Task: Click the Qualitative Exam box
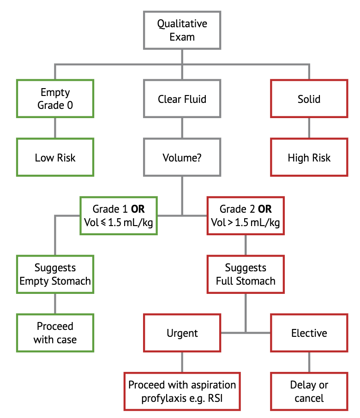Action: (182, 30)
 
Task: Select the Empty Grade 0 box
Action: (55, 99)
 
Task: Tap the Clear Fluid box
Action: (182, 99)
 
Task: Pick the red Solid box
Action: (309, 99)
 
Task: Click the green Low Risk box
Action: (55, 158)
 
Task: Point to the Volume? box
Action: (182, 158)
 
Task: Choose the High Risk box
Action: (309, 158)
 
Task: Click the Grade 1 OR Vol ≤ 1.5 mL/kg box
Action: (119, 215)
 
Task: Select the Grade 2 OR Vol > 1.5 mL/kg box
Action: (245, 215)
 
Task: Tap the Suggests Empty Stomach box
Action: (55, 274)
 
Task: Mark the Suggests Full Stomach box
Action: (245, 274)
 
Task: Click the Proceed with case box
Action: (55, 333)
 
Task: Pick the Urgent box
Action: (182, 333)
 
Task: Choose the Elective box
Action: (309, 333)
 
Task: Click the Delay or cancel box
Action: (309, 391)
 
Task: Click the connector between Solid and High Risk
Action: (309, 128)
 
